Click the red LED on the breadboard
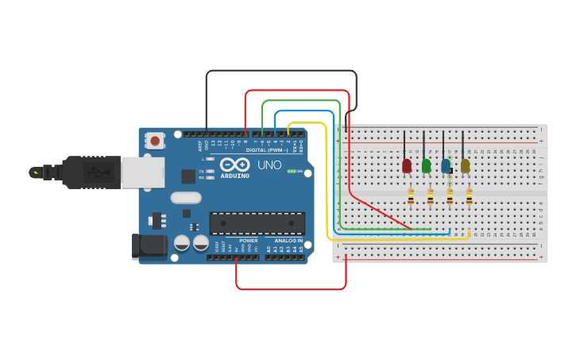(407, 165)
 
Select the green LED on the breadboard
(427, 165)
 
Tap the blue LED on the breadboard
(446, 165)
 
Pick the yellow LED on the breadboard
(466, 165)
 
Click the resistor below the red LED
(411, 196)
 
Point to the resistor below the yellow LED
(469, 196)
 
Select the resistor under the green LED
(430, 196)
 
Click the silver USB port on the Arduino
(143, 172)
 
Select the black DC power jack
(149, 246)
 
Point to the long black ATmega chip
(257, 223)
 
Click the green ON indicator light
(292, 171)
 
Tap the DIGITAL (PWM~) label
(267, 149)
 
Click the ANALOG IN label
(288, 240)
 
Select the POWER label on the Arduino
(248, 240)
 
